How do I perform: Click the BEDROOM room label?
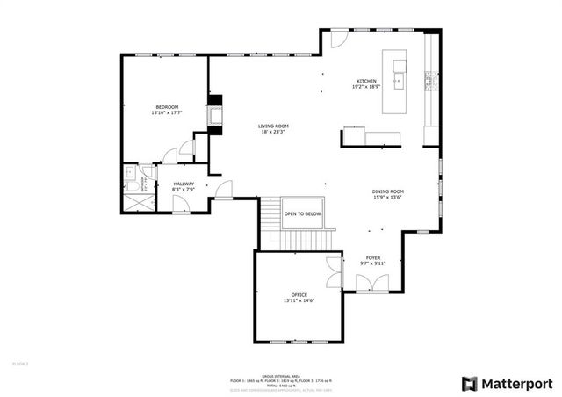(x=165, y=106)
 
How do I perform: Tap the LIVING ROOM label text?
(x=273, y=126)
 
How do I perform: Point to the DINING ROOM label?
(x=386, y=191)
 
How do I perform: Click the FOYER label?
(x=373, y=258)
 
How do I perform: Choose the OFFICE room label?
(x=299, y=294)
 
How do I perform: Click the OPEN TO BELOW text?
(x=302, y=213)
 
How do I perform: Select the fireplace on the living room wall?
(x=213, y=115)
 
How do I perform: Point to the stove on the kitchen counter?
(x=430, y=82)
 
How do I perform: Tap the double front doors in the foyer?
(x=370, y=283)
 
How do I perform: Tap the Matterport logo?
(x=507, y=383)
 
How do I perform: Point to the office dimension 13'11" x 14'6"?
(x=299, y=300)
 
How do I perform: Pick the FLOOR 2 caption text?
(x=20, y=362)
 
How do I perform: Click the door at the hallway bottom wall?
(x=180, y=205)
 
